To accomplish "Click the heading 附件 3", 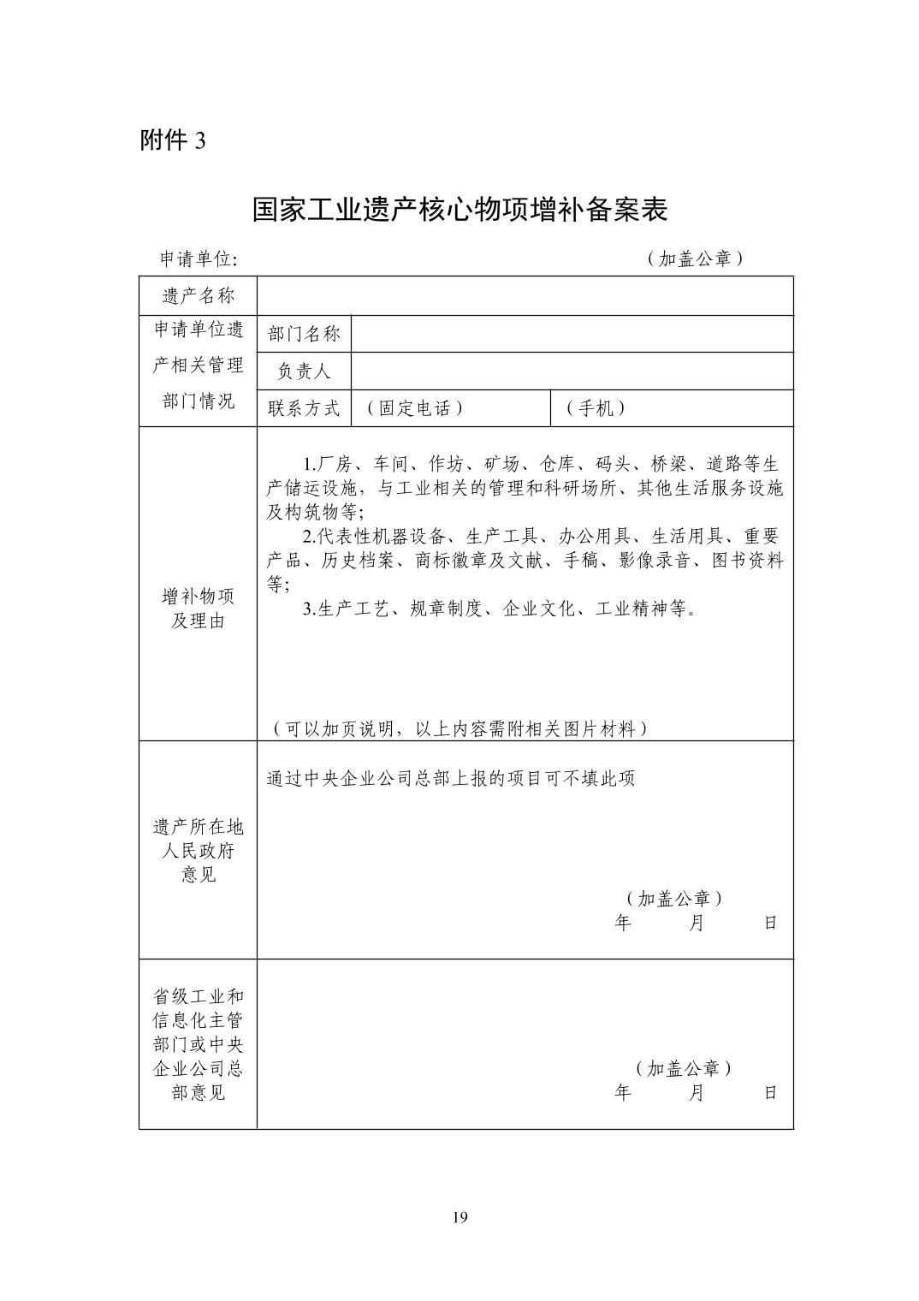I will (x=173, y=141).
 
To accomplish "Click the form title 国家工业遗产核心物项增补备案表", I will (x=459, y=210).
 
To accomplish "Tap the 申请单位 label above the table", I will (x=199, y=259).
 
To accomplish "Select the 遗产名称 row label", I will (x=198, y=296).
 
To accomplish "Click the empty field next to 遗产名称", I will (x=525, y=296).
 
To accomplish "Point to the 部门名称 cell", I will (x=304, y=334).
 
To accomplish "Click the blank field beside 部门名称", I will (x=572, y=334).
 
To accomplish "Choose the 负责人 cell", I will (x=304, y=371).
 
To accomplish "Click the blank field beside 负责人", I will (x=572, y=371).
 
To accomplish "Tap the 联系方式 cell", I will (x=304, y=408).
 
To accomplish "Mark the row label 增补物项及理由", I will (x=198, y=609).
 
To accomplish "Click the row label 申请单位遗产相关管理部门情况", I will (x=198, y=365).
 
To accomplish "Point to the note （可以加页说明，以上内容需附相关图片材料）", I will (x=459, y=728).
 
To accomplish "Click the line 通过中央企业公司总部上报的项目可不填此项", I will (x=451, y=779).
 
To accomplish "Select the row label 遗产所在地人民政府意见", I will (x=198, y=850).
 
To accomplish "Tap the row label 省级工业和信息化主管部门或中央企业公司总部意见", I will (x=198, y=1044).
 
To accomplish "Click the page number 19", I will (x=459, y=1218).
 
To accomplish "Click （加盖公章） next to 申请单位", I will (x=694, y=259).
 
